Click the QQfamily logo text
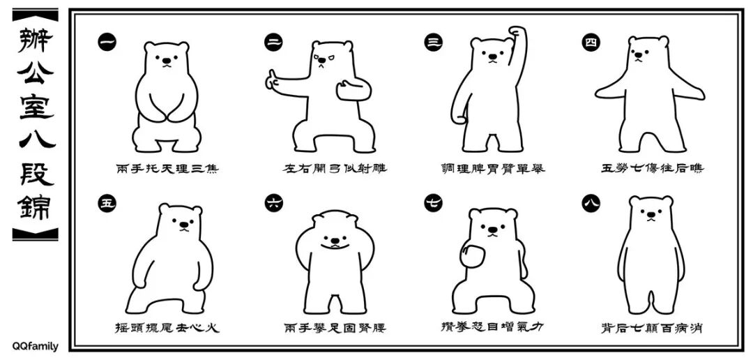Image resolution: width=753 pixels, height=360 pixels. (35, 346)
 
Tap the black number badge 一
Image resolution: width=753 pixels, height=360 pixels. (107, 42)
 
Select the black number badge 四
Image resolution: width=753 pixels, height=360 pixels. (591, 42)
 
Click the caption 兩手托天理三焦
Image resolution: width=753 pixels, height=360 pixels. (167, 168)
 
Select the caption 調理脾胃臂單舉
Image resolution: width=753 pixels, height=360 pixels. (493, 168)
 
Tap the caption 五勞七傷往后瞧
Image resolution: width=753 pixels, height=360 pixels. (652, 168)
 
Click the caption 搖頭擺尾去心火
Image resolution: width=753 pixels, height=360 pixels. (167, 327)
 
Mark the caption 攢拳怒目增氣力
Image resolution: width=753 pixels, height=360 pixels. (493, 327)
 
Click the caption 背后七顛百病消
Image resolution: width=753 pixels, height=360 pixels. (652, 327)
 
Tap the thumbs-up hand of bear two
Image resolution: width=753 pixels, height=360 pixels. (271, 81)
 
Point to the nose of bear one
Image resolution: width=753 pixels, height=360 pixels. (166, 61)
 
